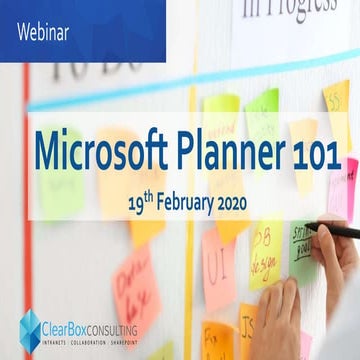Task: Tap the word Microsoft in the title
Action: (96, 151)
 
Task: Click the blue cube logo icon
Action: (30, 329)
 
